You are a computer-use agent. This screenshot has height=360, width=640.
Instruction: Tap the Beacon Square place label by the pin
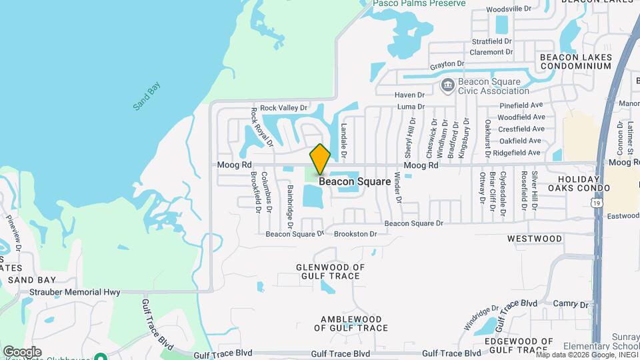tap(355, 181)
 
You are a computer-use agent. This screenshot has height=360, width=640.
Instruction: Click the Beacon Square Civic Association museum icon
tap(447, 84)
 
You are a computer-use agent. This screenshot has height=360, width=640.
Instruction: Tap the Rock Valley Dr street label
tap(283, 107)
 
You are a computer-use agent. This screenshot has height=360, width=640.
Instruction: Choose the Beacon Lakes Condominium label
tap(575, 62)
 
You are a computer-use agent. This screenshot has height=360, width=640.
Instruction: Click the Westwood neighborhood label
tap(535, 238)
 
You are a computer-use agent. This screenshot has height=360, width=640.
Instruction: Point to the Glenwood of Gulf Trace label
tap(331, 271)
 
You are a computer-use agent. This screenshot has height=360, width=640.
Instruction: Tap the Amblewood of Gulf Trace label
tap(351, 323)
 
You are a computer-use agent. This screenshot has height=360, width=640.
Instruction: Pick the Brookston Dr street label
tap(355, 234)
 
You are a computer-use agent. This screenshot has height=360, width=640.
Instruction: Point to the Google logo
tap(23, 351)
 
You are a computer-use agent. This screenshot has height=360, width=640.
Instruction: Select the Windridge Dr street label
tap(482, 318)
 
